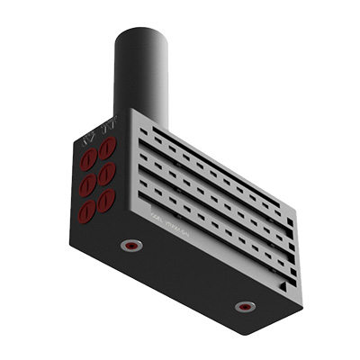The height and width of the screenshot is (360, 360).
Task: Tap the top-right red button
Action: click(x=107, y=148)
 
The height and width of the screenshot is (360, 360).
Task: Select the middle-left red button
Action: click(x=88, y=185)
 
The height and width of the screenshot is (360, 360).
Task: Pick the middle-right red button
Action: click(x=106, y=174)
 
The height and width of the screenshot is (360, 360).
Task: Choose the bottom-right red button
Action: click(x=106, y=199)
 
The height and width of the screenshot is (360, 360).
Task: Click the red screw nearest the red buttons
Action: click(x=131, y=245)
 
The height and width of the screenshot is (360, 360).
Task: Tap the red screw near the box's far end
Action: click(x=243, y=306)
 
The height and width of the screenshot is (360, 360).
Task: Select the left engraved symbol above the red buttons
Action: click(x=88, y=139)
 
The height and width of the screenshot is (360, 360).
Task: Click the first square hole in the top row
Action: click(x=146, y=130)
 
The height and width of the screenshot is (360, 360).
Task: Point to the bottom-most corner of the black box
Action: click(x=255, y=334)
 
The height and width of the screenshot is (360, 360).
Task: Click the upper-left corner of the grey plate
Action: click(x=131, y=111)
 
